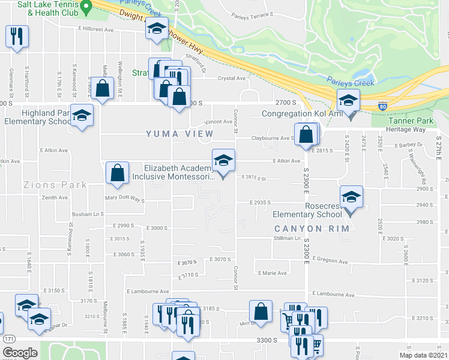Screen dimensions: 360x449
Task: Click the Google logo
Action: [20, 353]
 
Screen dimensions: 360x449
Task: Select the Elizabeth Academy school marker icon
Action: [224, 162]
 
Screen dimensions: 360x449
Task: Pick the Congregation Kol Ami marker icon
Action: [348, 102]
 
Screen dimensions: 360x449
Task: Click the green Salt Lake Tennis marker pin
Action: [86, 7]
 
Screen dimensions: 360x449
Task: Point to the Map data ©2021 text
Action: [423, 355]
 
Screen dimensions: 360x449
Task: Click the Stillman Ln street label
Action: [287, 238]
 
